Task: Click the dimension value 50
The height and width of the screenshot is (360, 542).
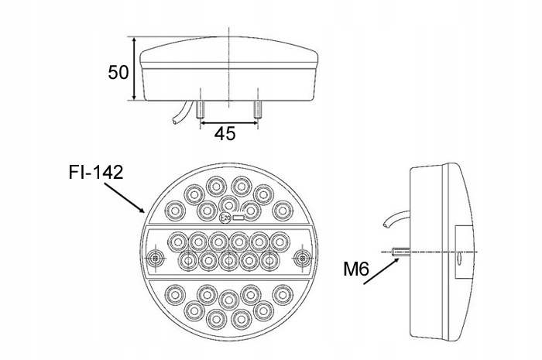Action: pyautogui.click(x=118, y=72)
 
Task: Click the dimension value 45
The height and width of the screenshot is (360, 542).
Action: pyautogui.click(x=225, y=133)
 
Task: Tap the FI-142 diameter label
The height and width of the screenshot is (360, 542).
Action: pyautogui.click(x=96, y=172)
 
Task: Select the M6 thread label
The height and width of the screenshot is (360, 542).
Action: pyautogui.click(x=356, y=269)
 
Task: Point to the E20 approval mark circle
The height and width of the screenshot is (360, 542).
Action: pyautogui.click(x=225, y=218)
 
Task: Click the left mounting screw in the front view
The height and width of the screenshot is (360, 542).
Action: pyautogui.click(x=155, y=258)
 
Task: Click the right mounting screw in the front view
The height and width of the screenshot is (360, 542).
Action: pyautogui.click(x=302, y=258)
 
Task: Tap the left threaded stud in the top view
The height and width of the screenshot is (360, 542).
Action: pyautogui.click(x=200, y=109)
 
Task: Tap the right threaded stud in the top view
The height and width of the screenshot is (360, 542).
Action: pyautogui.click(x=258, y=109)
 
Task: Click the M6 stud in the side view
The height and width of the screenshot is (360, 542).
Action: pyautogui.click(x=401, y=252)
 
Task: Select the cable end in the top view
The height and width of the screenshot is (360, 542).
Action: pyautogui.click(x=175, y=121)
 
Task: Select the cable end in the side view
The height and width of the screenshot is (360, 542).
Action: pyautogui.click(x=386, y=225)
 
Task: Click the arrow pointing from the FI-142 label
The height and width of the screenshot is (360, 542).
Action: pyautogui.click(x=124, y=197)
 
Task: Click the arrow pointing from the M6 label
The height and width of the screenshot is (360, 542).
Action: pyautogui.click(x=381, y=271)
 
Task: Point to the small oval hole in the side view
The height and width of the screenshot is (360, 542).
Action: pyautogui.click(x=459, y=258)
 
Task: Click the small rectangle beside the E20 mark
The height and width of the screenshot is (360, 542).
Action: pyautogui.click(x=238, y=218)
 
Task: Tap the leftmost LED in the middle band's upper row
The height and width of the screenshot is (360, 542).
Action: pyautogui.click(x=178, y=242)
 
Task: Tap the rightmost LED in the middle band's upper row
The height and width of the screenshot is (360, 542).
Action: pyautogui.click(x=280, y=242)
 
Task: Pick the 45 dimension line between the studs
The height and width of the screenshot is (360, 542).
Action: pyautogui.click(x=229, y=122)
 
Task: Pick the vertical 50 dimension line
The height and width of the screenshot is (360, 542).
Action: pyautogui.click(x=134, y=69)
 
